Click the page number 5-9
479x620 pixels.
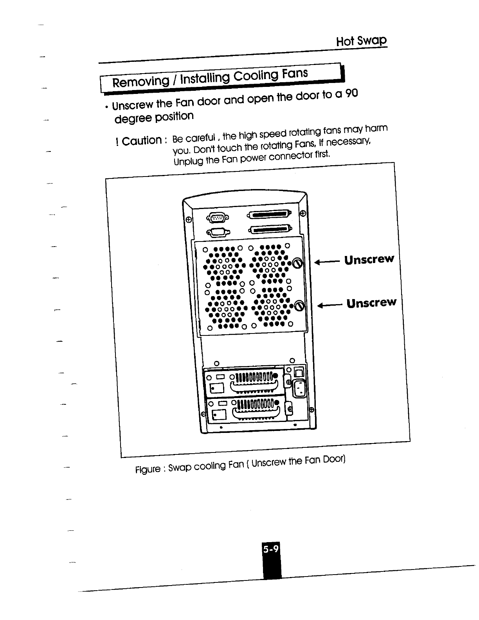click(271, 550)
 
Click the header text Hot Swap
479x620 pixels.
click(361, 41)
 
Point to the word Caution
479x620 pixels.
click(141, 140)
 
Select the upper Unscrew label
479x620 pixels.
click(369, 260)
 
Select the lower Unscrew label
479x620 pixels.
click(371, 303)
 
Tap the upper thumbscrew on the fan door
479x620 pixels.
click(298, 263)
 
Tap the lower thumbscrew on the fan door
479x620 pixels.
click(299, 306)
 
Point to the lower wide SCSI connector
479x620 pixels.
click(270, 229)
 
